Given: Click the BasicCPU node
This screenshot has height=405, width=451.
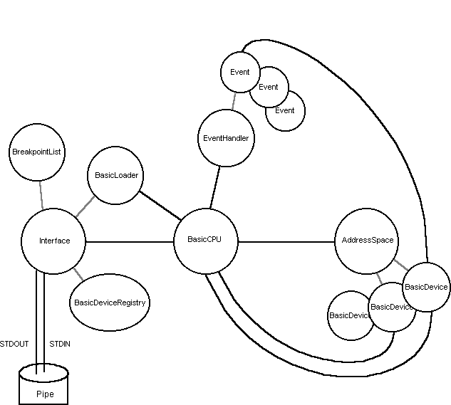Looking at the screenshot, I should click(x=205, y=241).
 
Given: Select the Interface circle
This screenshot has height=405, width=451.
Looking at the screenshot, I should click(x=54, y=241).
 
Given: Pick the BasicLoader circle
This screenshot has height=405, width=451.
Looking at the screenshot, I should click(x=117, y=175).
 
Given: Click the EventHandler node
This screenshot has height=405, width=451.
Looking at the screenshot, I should click(x=224, y=139).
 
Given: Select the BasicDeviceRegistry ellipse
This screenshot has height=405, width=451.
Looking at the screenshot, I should click(x=110, y=303).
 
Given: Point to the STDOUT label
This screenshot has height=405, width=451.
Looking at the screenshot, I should click(x=14, y=344).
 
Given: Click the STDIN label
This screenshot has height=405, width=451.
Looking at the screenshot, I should click(x=61, y=344).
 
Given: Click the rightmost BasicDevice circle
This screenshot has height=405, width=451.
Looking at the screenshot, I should click(x=426, y=287).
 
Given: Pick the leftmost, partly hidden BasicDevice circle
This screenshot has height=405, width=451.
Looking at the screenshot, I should click(x=345, y=316).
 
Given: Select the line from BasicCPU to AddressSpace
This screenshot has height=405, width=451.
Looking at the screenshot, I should click(x=285, y=242).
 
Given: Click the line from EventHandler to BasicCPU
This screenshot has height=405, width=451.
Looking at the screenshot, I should click(x=215, y=186).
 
